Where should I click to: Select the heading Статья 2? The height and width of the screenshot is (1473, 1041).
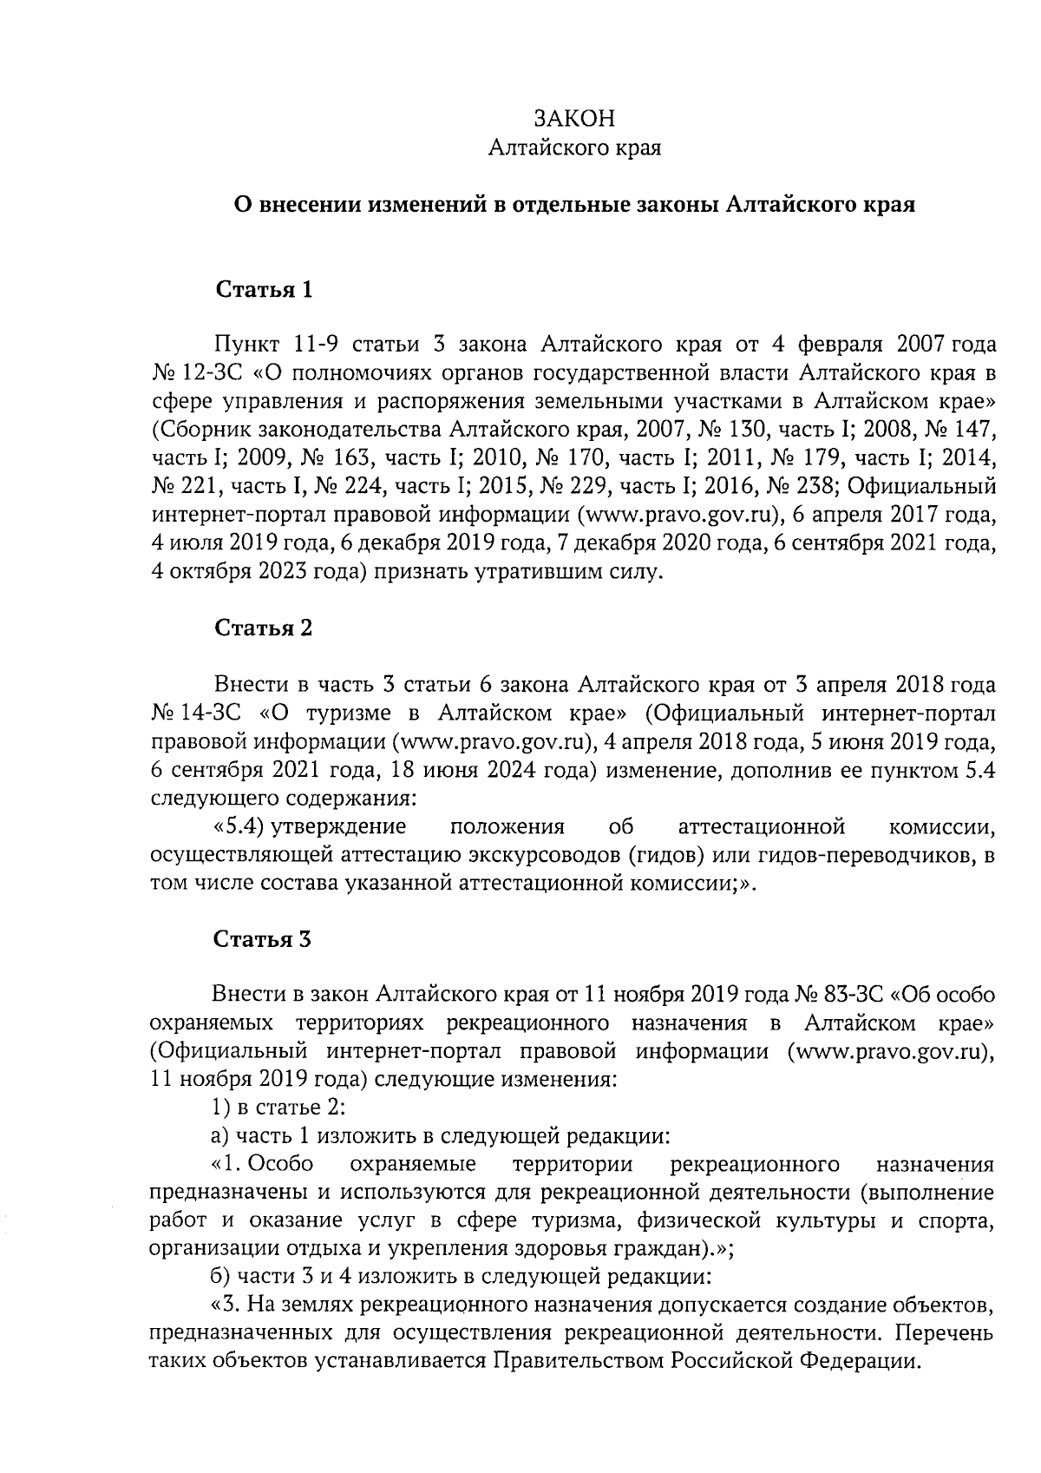pos(263,628)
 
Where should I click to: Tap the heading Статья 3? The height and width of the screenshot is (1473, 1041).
pos(263,938)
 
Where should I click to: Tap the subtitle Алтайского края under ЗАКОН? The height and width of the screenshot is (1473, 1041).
pos(574,148)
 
